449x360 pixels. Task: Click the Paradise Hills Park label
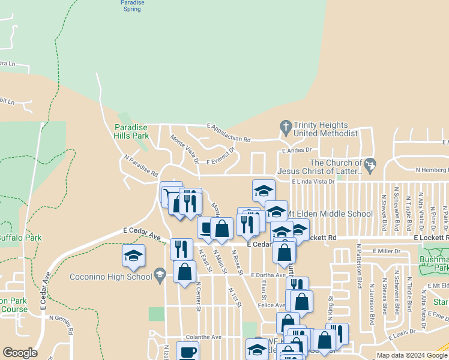[131, 131]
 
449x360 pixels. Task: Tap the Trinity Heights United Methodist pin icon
[286, 127]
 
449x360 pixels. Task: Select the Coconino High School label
[110, 277]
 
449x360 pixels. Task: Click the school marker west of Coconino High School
[133, 256]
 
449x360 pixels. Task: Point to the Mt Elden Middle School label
[329, 214]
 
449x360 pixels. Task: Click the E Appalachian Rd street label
[229, 133]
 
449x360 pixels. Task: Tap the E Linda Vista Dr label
[313, 181]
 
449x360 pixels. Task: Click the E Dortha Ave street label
[268, 275]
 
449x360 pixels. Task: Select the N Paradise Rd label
[141, 166]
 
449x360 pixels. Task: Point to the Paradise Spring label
[131, 6]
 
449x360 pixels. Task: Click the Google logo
[20, 353]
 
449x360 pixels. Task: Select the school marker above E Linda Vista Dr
[263, 190]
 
